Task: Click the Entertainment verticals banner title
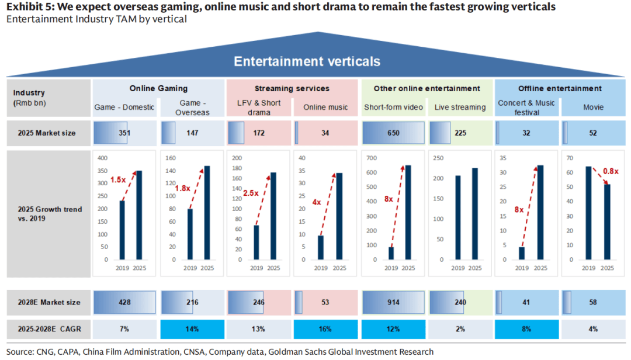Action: [307, 61]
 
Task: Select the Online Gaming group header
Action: [158, 88]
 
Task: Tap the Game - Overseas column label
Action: [192, 108]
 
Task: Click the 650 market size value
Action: [393, 133]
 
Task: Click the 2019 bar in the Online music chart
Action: [321, 247]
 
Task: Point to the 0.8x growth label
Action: [611, 171]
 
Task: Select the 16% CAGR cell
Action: [325, 329]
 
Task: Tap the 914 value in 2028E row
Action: [393, 302]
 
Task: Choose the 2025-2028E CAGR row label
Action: [49, 329]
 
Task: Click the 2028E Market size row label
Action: [49, 302]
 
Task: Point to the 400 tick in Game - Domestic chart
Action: [102, 158]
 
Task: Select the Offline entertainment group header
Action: [560, 88]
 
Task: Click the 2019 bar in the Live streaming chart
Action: [458, 217]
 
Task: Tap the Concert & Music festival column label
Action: [526, 108]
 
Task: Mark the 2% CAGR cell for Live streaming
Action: [460, 329]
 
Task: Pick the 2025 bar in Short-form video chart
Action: [408, 212]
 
